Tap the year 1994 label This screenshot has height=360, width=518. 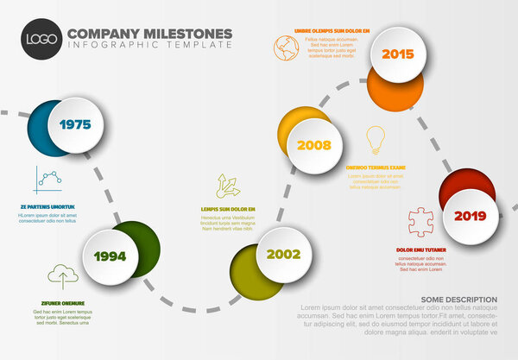coord(111,256)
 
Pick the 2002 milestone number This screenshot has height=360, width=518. coord(283,255)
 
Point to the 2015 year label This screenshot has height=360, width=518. coord(397,54)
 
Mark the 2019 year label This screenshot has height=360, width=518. coord(470,216)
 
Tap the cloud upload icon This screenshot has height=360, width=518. coord(62,275)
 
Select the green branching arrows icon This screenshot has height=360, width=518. coord(229,185)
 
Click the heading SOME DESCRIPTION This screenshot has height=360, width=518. coord(459,300)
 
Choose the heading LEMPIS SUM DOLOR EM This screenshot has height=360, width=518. coord(228,210)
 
